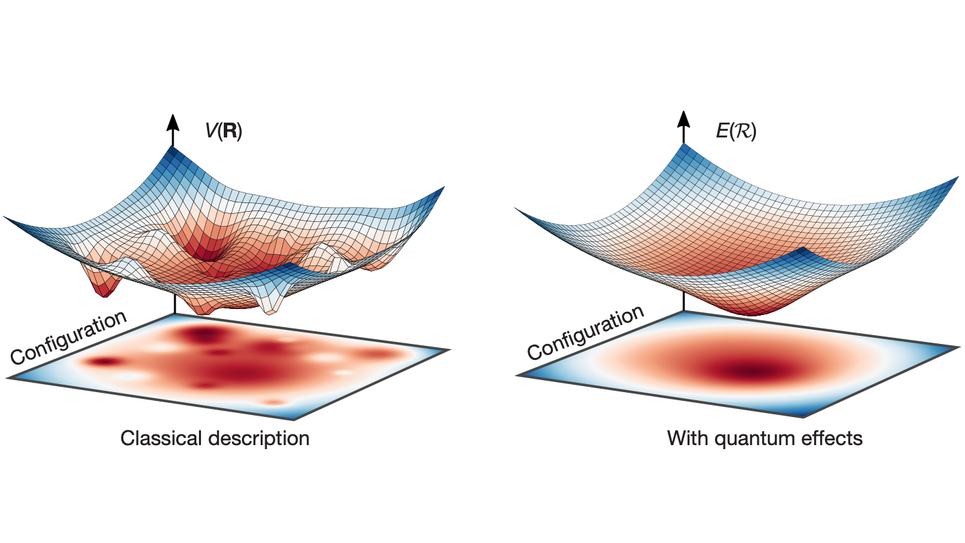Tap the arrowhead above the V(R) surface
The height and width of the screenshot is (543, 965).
[x=173, y=122]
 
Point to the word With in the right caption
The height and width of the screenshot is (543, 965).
[x=685, y=439]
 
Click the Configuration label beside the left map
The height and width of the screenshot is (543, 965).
[x=68, y=338]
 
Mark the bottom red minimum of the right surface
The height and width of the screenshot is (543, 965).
[x=735, y=310]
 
